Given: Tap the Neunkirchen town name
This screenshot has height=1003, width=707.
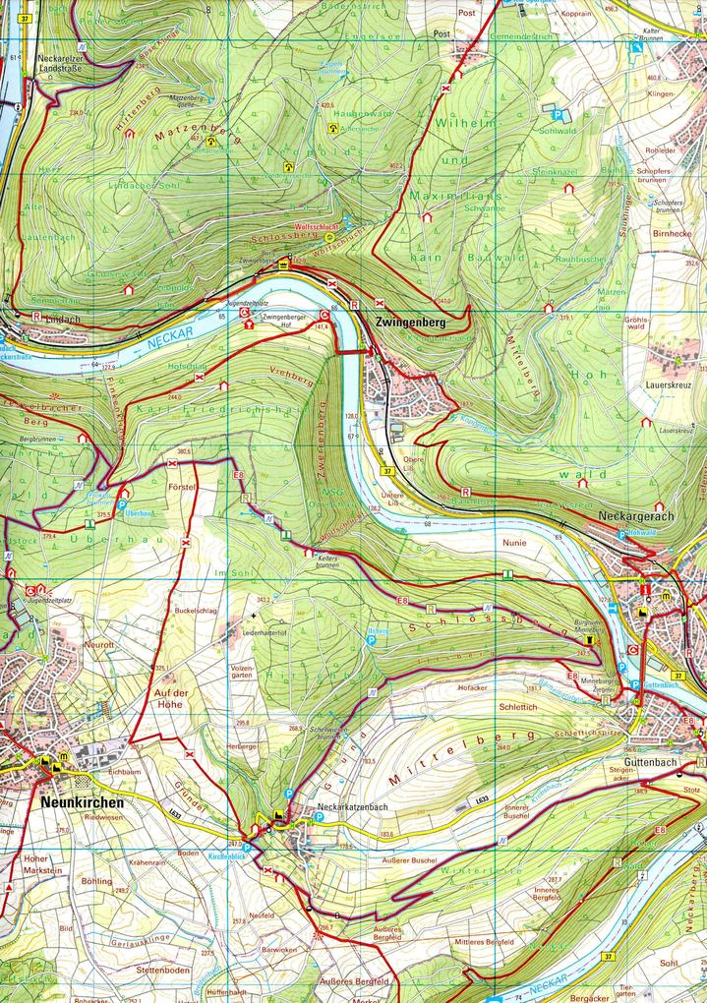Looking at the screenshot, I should pyautogui.click(x=83, y=801).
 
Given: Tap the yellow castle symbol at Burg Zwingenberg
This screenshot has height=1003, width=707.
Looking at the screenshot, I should pyautogui.click(x=284, y=265).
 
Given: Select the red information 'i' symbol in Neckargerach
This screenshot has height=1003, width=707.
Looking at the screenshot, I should pyautogui.click(x=644, y=591).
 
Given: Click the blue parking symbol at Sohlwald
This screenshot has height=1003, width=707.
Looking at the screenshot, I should pyautogui.click(x=555, y=115).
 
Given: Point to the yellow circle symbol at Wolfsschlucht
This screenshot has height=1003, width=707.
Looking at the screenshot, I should pyautogui.click(x=328, y=237).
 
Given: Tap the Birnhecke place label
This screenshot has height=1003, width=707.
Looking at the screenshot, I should pyautogui.click(x=673, y=234).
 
